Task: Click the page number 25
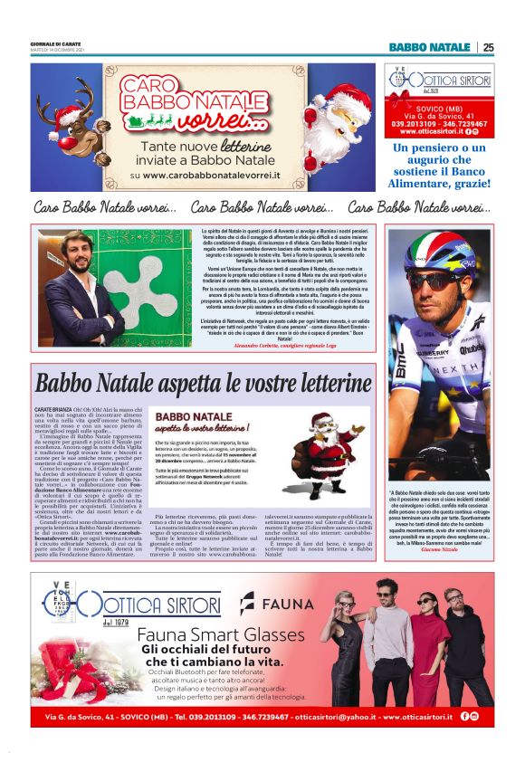[488, 47]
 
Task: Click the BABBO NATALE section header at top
[429, 47]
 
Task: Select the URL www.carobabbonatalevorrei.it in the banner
[205, 175]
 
